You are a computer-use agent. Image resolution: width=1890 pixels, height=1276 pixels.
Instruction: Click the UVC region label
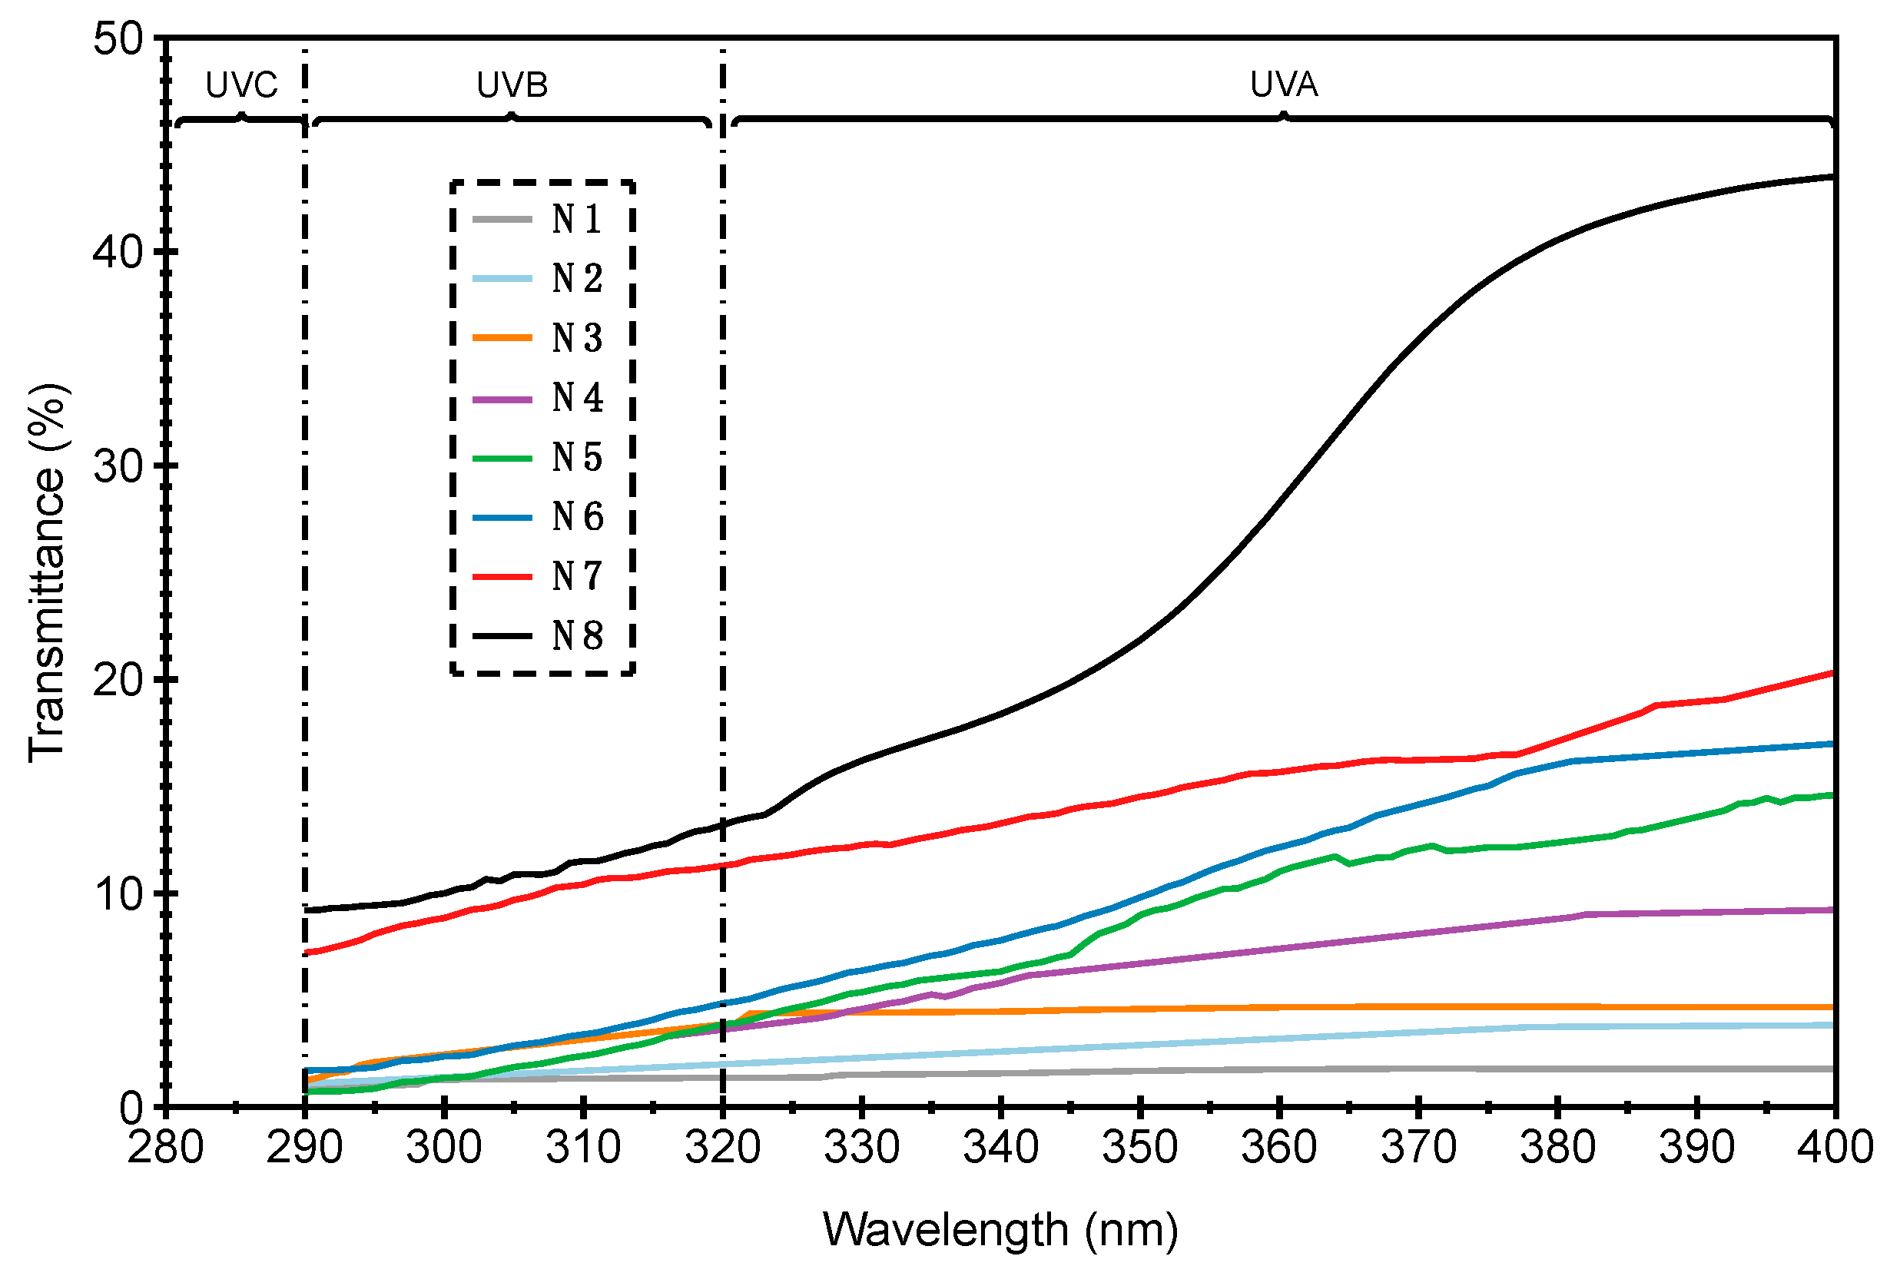(240, 85)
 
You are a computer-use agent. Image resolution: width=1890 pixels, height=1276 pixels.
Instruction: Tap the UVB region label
(512, 85)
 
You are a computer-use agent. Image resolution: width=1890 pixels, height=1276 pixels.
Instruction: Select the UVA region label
(1282, 85)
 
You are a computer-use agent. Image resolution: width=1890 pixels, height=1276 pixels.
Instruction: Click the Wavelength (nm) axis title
(1000, 1230)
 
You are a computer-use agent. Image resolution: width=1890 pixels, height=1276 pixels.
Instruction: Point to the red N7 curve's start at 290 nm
(306, 953)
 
